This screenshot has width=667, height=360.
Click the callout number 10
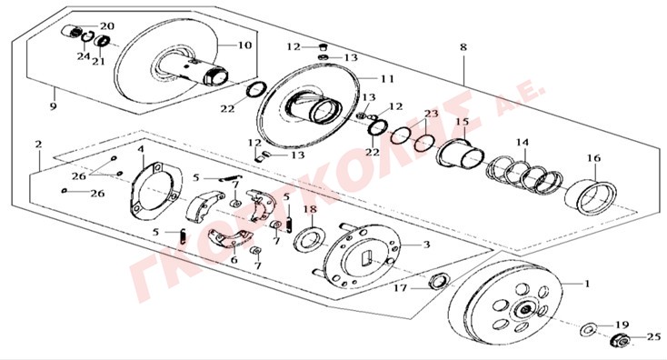pyautogui.click(x=244, y=45)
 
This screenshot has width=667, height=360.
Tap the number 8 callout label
pyautogui.click(x=463, y=46)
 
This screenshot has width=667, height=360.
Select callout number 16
pyautogui.click(x=593, y=158)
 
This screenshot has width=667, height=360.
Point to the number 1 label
pyautogui.click(x=587, y=284)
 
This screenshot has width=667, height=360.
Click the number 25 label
pyautogui.click(x=654, y=337)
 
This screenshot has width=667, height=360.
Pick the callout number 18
pyautogui.click(x=311, y=209)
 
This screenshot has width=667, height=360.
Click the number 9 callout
pyautogui.click(x=54, y=105)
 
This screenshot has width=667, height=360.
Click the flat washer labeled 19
pyautogui.click(x=588, y=329)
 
